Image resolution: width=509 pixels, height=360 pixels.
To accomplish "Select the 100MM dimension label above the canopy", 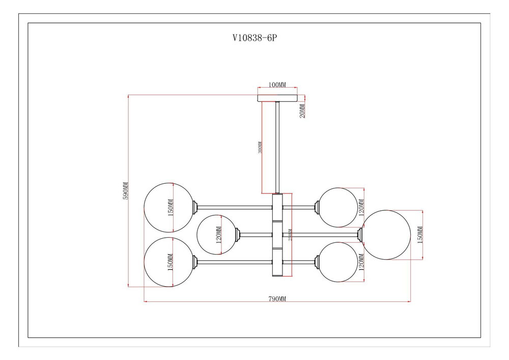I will pyautogui.click(x=277, y=85).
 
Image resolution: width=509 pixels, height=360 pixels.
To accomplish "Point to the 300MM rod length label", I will pyautogui.click(x=261, y=148).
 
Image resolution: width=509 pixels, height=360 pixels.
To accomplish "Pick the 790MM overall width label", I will pyautogui.click(x=277, y=299).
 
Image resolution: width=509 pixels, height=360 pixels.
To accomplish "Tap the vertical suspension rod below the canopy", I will pyautogui.click(x=277, y=148).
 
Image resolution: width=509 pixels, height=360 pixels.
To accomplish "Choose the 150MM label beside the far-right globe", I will pyautogui.click(x=420, y=235).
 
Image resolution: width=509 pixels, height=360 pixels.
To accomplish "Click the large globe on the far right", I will pyautogui.click(x=387, y=235).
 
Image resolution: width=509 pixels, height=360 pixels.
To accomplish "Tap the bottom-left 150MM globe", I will pyautogui.click(x=167, y=262).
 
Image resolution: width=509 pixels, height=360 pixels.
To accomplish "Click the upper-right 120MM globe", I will pyautogui.click(x=339, y=207).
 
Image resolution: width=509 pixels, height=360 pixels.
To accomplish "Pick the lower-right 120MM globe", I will pyautogui.click(x=339, y=262).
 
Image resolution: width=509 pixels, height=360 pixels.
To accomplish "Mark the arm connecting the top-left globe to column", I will pyautogui.click(x=235, y=207).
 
